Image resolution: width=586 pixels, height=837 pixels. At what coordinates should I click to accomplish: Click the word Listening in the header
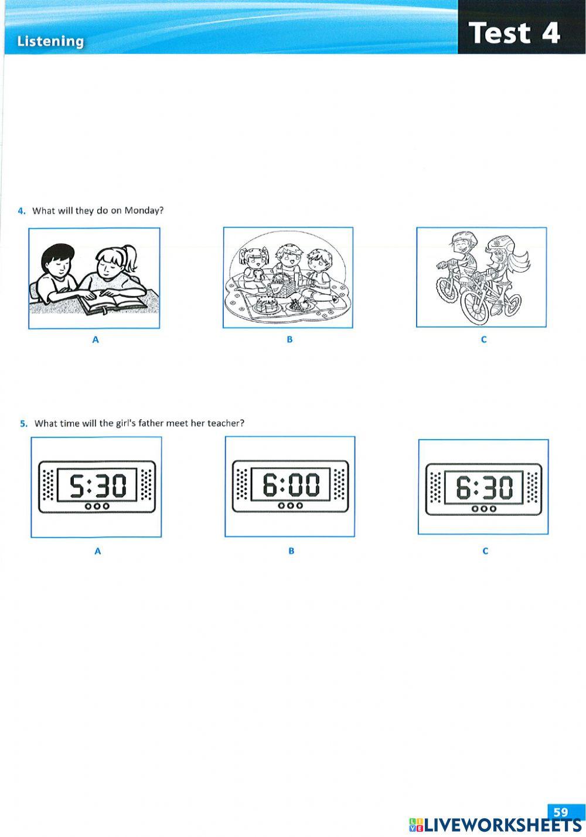[50, 42]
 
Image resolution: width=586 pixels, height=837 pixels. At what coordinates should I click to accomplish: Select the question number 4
[22, 210]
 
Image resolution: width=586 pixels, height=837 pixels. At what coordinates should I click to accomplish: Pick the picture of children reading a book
[94, 278]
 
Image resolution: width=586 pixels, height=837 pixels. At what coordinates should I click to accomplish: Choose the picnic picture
[288, 278]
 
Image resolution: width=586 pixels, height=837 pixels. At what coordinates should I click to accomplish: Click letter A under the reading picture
[96, 339]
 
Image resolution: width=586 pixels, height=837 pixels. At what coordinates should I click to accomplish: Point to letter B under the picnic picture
[289, 339]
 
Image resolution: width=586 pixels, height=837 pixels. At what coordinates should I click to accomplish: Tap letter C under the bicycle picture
[483, 339]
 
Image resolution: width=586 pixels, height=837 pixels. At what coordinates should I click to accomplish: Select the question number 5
[23, 423]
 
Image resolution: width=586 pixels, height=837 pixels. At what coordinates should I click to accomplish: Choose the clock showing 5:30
[96, 486]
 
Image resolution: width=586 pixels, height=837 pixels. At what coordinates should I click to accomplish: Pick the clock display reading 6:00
[290, 486]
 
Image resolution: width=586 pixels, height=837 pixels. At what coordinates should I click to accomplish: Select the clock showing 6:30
[483, 488]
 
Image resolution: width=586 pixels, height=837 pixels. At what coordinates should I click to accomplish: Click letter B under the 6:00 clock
[291, 551]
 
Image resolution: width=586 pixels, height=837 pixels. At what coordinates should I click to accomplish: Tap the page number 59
[561, 812]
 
